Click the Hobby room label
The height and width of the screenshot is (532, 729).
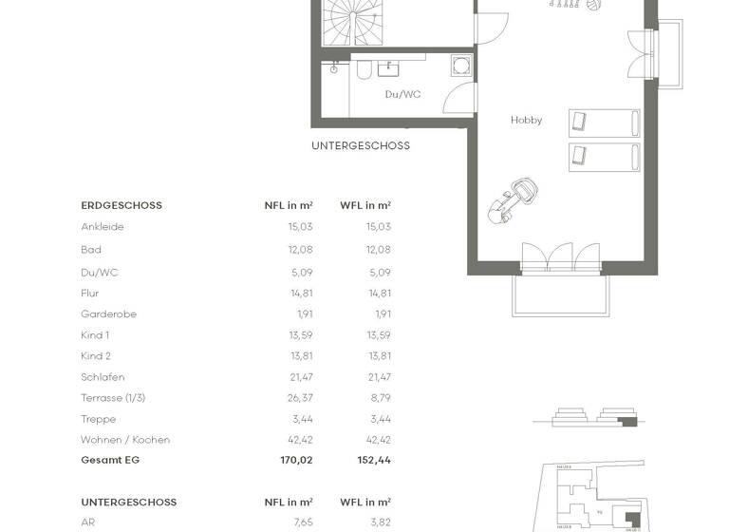526,121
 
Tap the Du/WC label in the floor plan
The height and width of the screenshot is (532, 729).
402,95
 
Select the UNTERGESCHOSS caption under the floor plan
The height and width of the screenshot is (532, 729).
361,146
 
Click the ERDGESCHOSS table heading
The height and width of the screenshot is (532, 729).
121,205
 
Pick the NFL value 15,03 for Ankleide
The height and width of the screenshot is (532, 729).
301,227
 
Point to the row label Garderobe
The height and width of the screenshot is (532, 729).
109,314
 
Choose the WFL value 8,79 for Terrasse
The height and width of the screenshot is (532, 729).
380,398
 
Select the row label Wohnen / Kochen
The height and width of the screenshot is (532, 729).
125,440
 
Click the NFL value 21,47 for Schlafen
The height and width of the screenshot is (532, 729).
301,377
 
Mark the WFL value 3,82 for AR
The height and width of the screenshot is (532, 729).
381,522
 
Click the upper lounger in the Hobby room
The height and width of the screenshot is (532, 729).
604,123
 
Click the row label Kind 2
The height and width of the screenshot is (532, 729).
96,356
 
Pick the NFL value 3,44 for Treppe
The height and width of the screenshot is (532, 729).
303,419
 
